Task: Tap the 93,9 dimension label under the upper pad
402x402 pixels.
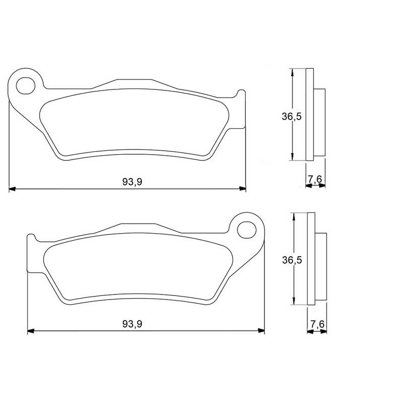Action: [x=132, y=182]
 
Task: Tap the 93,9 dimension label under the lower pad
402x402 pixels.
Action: [x=132, y=324]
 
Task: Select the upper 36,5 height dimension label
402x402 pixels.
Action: [x=292, y=117]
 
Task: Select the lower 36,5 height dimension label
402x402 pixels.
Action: [x=292, y=260]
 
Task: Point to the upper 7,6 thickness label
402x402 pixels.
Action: [x=315, y=179]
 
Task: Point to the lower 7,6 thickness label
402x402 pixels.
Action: [x=318, y=324]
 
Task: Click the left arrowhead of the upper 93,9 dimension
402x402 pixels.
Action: [x=12, y=189]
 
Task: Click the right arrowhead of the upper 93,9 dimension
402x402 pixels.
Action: [x=242, y=189]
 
